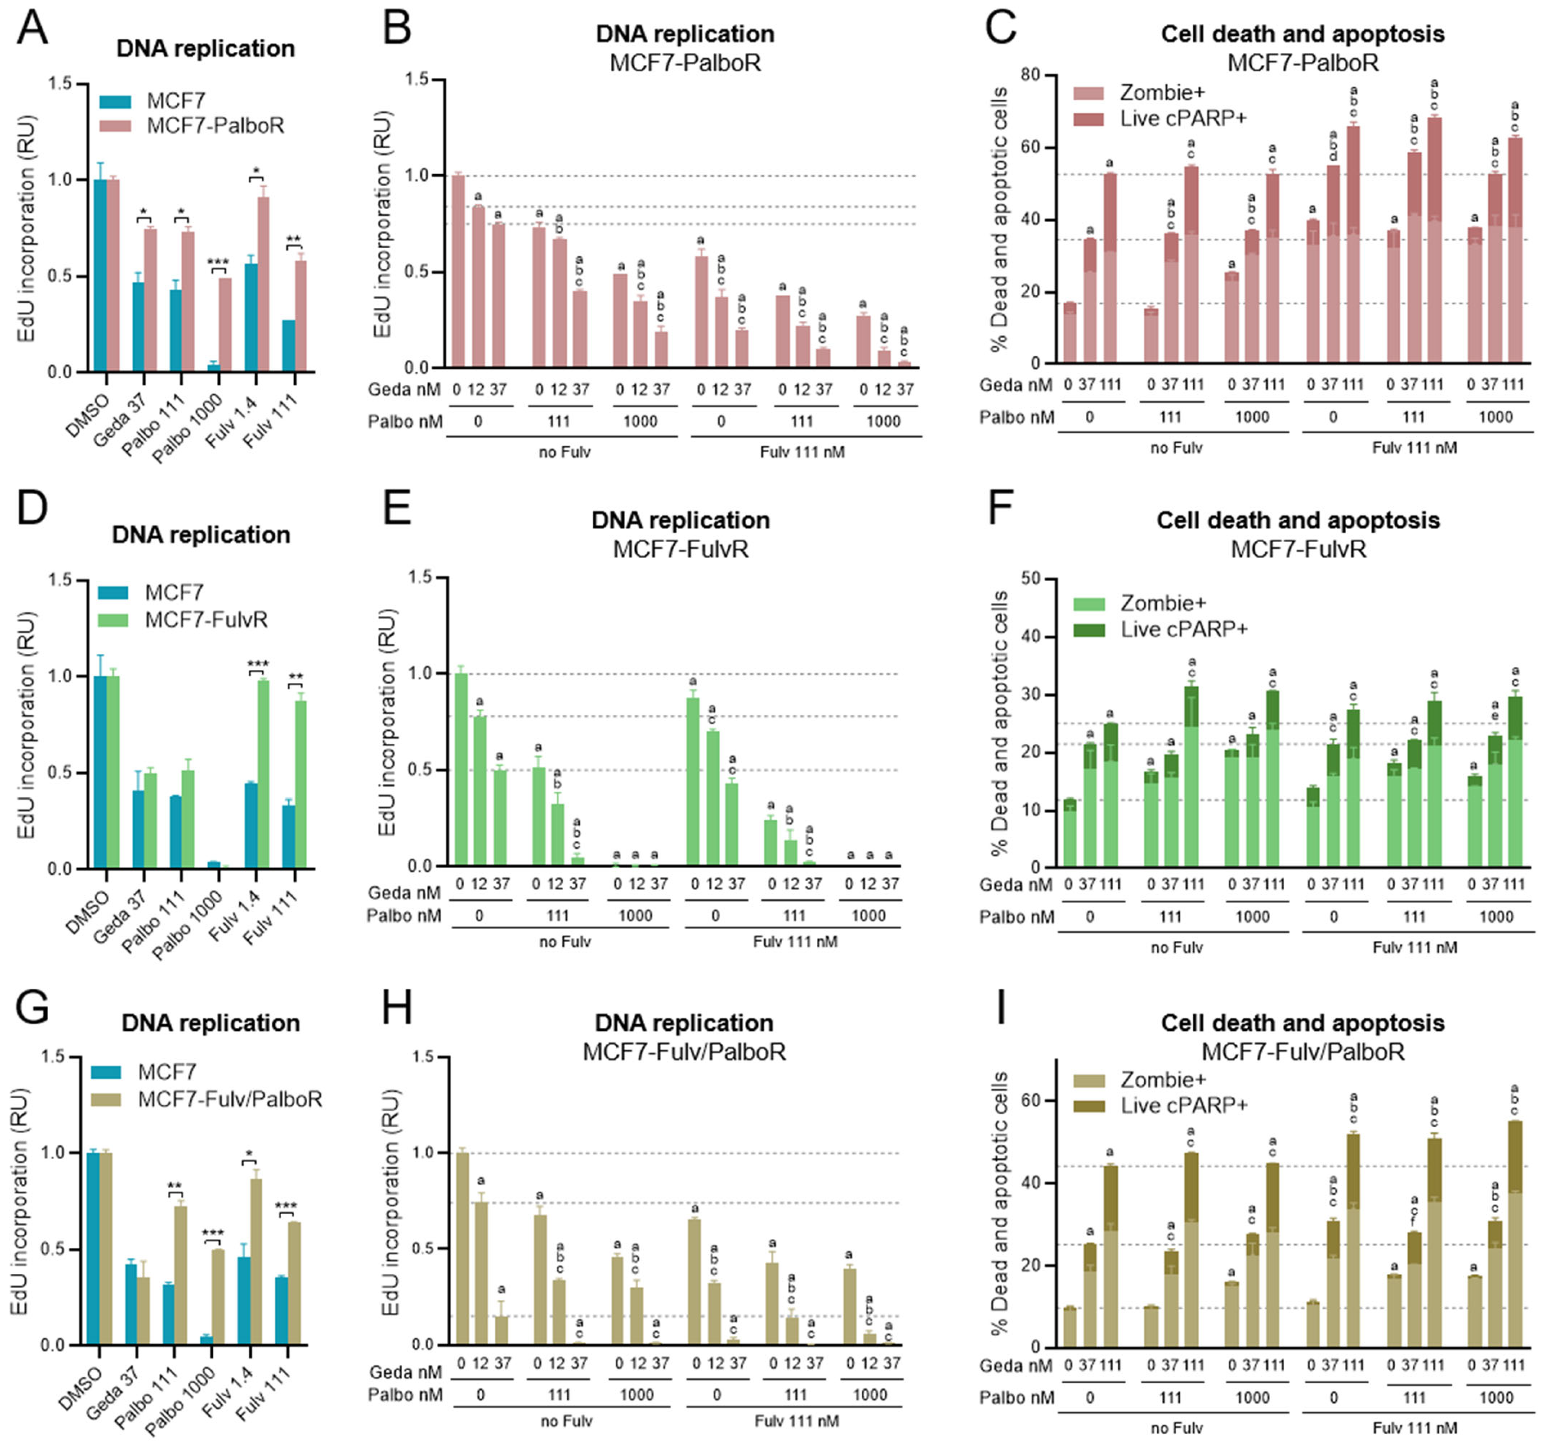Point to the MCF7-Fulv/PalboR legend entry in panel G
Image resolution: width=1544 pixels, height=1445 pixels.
(230, 1099)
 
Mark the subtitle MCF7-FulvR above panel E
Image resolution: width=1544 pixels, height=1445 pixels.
(680, 549)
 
